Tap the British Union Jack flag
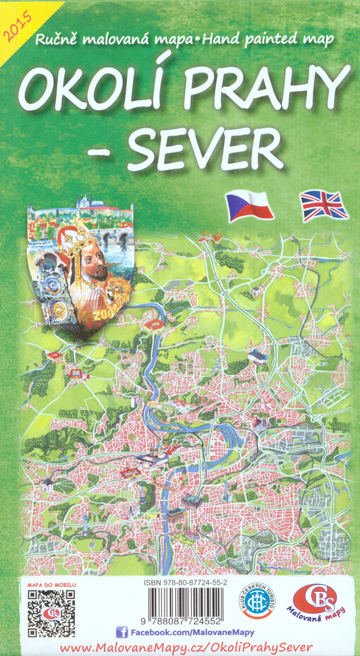pyautogui.click(x=324, y=205)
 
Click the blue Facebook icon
pyautogui.click(x=121, y=632)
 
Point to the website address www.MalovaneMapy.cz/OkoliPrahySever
pyautogui.click(x=186, y=648)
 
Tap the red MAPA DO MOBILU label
pyautogui.click(x=51, y=585)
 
